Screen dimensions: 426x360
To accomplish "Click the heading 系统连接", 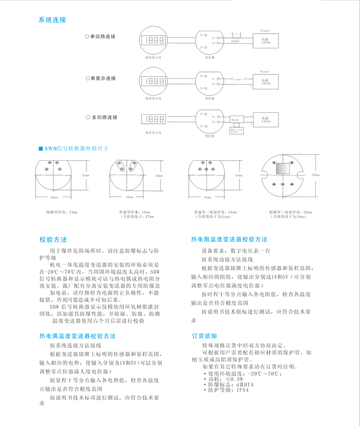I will coord(52,20).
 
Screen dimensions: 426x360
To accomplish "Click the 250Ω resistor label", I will coord(235,42).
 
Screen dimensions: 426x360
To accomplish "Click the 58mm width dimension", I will coord(54,197).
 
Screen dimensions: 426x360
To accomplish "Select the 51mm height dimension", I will coord(85,176).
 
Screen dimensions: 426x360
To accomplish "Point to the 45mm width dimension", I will coord(129,197).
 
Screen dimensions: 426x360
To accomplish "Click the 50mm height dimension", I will coord(315,176).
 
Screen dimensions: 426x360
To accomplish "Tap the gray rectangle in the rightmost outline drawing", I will coord(282,168).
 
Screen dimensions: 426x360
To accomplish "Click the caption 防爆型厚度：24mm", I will coord(61,212).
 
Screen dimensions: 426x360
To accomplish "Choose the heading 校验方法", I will coord(53,239).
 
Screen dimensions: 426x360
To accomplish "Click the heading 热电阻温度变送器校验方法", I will coord(229,239).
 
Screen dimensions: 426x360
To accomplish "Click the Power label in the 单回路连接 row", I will coord(265,31).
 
